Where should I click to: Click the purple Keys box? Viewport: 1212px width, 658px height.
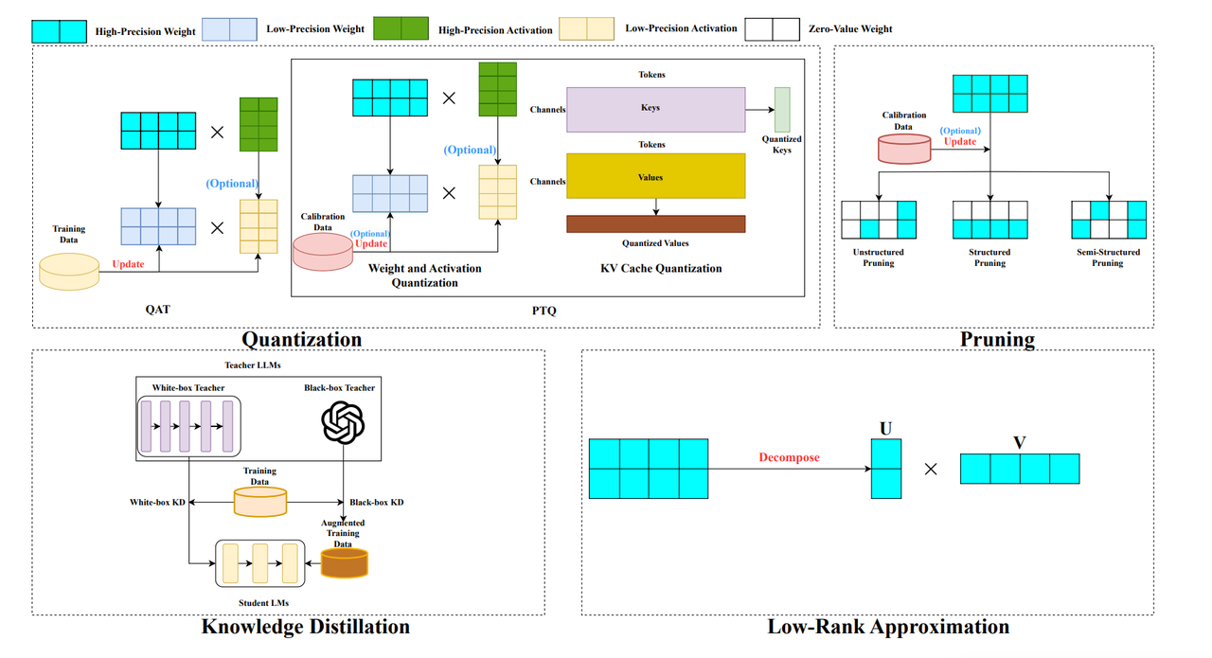click(655, 109)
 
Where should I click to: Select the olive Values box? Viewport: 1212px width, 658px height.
click(655, 176)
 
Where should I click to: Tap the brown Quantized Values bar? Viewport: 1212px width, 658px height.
click(655, 223)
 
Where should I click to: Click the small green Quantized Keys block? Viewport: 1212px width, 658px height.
click(781, 110)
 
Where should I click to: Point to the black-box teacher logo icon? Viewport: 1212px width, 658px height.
click(343, 421)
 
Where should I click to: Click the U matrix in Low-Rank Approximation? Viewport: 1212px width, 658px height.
click(886, 469)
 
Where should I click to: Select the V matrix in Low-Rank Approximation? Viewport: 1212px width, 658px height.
click(1019, 469)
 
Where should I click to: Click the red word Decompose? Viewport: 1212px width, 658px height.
click(789, 457)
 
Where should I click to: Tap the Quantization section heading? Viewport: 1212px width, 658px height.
click(301, 339)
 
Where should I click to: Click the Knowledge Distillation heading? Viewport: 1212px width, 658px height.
click(305, 627)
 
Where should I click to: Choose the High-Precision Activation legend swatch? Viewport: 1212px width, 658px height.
click(401, 29)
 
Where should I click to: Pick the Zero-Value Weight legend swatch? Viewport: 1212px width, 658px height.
click(773, 29)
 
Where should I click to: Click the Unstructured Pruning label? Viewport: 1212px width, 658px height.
click(879, 258)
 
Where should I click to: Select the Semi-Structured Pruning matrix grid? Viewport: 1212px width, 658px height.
click(1108, 220)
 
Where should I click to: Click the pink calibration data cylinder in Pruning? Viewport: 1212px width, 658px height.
click(904, 148)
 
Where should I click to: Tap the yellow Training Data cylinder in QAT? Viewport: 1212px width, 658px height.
click(69, 271)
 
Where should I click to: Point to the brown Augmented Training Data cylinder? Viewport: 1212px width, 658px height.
click(344, 562)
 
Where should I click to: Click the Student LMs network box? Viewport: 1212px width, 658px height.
click(260, 562)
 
